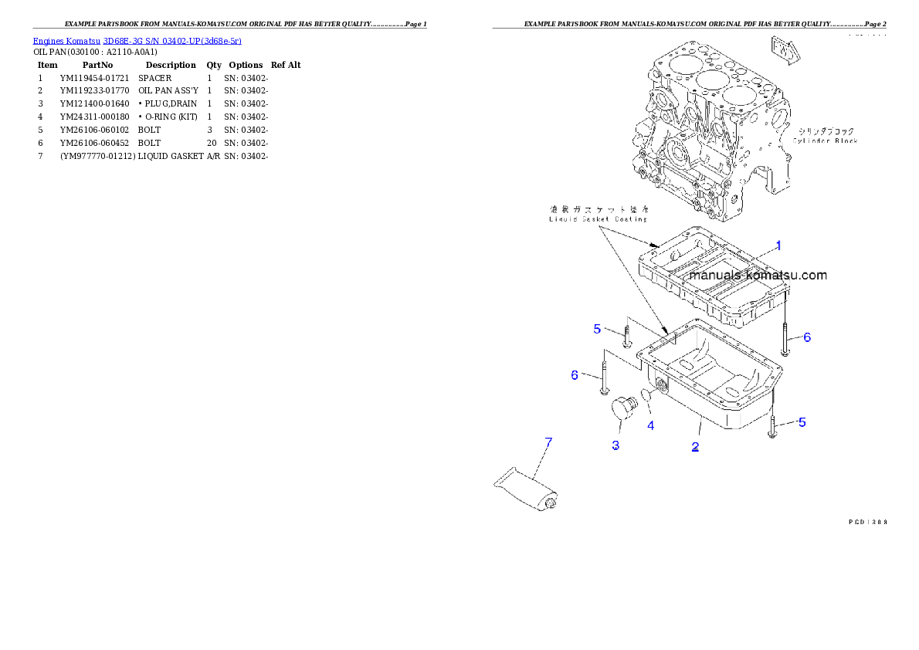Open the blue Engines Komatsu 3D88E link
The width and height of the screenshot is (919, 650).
click(137, 40)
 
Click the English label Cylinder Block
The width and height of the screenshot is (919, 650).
click(825, 140)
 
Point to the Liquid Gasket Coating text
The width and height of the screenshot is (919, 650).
click(599, 219)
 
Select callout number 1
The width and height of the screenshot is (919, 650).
click(778, 245)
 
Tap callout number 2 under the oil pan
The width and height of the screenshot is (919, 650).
click(695, 447)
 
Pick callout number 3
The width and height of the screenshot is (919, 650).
click(615, 445)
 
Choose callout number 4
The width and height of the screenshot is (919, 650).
click(650, 425)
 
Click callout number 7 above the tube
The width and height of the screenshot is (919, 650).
click(548, 442)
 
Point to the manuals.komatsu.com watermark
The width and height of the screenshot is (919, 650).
click(758, 275)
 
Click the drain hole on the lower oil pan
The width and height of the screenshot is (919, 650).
click(661, 384)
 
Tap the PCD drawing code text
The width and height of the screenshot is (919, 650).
click(866, 522)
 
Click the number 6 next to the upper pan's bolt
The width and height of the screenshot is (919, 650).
click(807, 337)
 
